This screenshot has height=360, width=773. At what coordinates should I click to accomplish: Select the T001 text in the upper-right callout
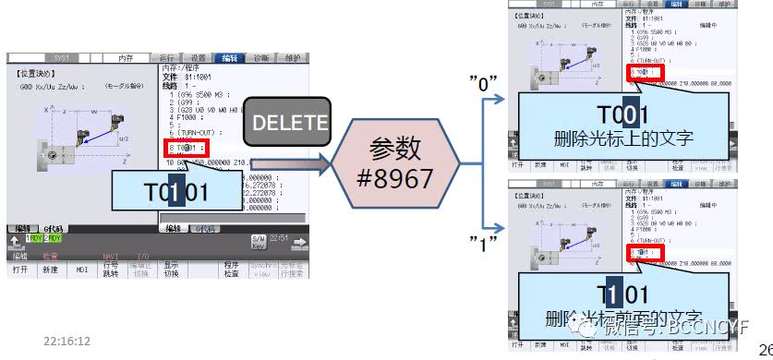pyautogui.click(x=621, y=115)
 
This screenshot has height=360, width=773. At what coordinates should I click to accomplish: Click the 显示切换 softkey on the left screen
pyautogui.click(x=172, y=270)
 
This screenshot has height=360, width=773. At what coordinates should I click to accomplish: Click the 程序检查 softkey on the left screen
pyautogui.click(x=231, y=270)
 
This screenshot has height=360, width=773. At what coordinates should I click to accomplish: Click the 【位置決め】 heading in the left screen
pyautogui.click(x=33, y=71)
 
